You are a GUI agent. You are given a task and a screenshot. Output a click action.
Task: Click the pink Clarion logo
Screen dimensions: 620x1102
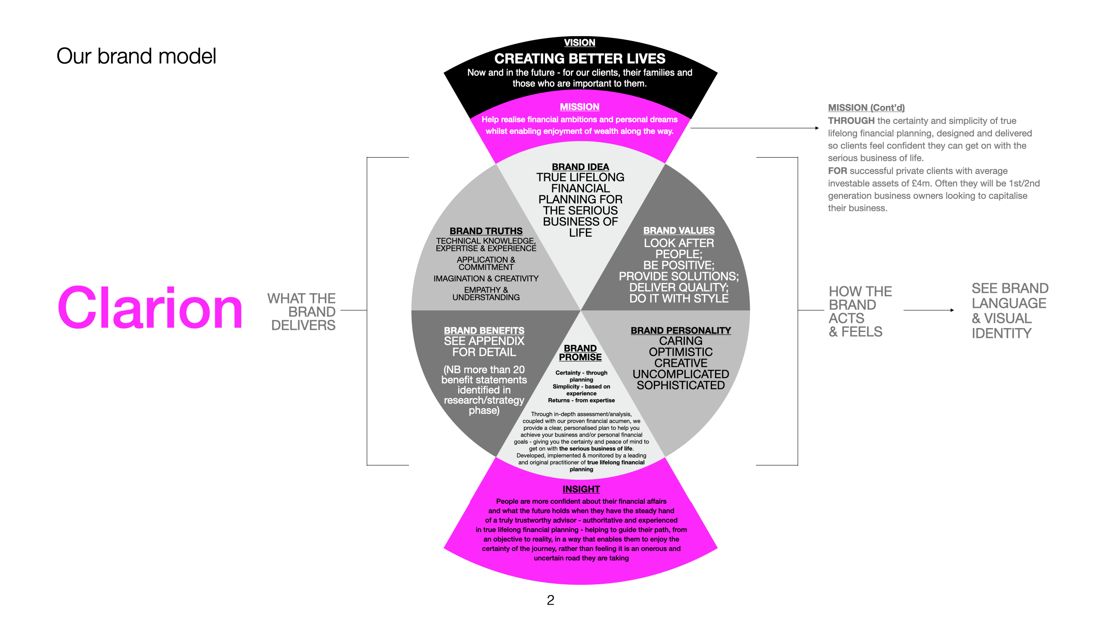click(150, 308)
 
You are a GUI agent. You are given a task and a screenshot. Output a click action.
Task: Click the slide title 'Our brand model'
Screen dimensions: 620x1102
click(136, 56)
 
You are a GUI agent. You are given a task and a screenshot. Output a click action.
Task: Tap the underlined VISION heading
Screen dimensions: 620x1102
click(579, 43)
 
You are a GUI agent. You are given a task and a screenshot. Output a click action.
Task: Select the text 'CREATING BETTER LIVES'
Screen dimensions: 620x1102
click(579, 59)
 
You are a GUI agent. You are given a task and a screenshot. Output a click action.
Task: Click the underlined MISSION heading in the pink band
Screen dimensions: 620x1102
click(579, 107)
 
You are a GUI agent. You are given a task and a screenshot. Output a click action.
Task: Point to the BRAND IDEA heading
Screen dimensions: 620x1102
click(580, 167)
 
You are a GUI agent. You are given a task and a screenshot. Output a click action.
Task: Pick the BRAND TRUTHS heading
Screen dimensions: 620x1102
click(486, 231)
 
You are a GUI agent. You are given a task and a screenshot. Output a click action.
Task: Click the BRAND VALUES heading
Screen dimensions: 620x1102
click(679, 231)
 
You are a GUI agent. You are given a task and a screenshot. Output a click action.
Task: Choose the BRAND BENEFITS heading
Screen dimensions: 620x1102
click(484, 331)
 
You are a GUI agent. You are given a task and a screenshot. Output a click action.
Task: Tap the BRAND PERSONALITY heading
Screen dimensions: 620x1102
click(681, 331)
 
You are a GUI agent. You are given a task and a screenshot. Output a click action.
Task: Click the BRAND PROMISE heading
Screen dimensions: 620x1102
click(580, 353)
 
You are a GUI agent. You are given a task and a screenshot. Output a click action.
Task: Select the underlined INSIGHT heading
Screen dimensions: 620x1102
click(581, 489)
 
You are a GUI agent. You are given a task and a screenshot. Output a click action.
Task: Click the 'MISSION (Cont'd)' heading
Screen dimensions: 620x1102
click(866, 108)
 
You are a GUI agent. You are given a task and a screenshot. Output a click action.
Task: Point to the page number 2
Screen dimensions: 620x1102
click(551, 600)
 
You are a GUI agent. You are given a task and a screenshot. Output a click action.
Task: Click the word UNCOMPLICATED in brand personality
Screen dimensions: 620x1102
click(681, 374)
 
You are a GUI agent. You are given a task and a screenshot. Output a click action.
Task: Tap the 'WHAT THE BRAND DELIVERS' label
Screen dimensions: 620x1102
click(302, 312)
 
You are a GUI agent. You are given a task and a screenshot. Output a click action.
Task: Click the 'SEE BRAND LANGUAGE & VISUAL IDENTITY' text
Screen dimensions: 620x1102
click(1009, 310)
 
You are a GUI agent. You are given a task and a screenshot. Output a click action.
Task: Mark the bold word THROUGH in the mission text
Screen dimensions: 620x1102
click(851, 121)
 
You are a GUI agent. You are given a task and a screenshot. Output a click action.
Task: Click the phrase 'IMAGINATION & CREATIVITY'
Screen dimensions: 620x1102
click(486, 279)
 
